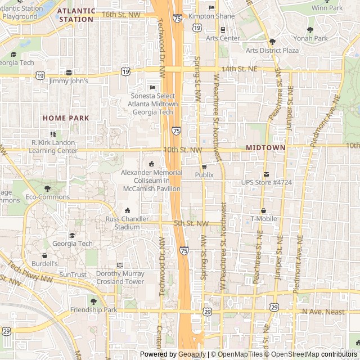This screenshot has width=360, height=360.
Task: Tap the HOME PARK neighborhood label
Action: coord(66,118)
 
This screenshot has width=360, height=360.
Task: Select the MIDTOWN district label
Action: coord(265,147)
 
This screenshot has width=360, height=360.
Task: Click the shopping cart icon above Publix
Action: coord(204,167)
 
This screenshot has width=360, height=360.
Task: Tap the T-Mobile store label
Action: coord(264,218)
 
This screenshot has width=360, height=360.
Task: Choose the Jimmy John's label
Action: coord(69,81)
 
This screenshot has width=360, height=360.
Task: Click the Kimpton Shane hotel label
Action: coord(211,16)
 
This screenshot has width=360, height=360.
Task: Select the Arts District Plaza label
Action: coord(272,50)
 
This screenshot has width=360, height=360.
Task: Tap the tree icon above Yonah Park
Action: coord(310,30)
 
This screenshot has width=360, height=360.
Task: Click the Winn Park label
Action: coord(327,8)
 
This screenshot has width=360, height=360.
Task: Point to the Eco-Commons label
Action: coord(47,197)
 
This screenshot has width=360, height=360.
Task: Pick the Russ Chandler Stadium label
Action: coord(127,223)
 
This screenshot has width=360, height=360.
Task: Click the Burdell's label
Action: coord(44,263)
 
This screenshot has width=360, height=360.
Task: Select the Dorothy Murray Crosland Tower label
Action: coord(120,277)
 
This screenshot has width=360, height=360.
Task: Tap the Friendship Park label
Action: coord(93,310)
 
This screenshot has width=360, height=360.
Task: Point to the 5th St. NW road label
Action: coord(191,223)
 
